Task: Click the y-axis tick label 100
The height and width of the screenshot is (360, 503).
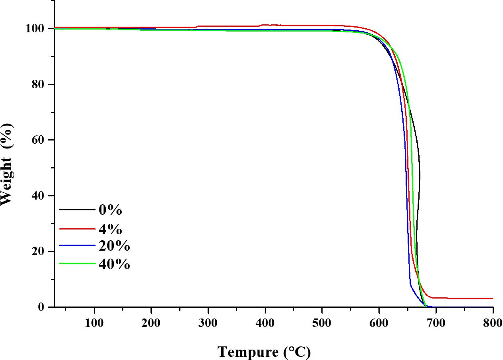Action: [x=36, y=29]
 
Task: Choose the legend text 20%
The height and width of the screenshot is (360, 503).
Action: [x=114, y=246]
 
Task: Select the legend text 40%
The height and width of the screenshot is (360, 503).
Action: [x=114, y=264]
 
